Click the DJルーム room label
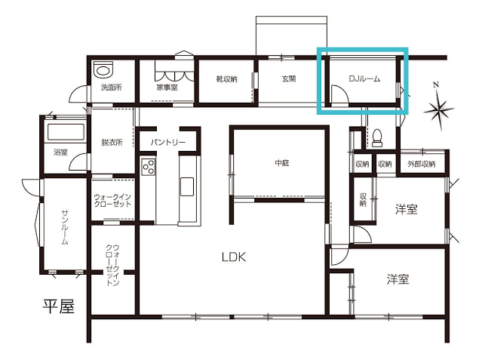(364, 79)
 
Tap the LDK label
(234, 257)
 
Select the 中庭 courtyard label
(282, 163)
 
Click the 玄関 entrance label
(289, 79)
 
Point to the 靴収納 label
(227, 79)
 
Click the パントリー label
(168, 143)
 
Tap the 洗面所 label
(112, 88)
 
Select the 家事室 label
(167, 88)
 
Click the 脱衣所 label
(112, 143)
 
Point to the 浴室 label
(60, 152)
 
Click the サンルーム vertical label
(65, 227)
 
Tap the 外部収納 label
(422, 164)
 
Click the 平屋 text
(59, 306)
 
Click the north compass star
(439, 110)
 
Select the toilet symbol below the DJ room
(376, 138)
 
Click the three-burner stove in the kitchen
(149, 167)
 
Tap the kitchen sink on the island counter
(187, 186)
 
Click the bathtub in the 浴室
(66, 132)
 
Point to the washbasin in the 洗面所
(103, 69)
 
